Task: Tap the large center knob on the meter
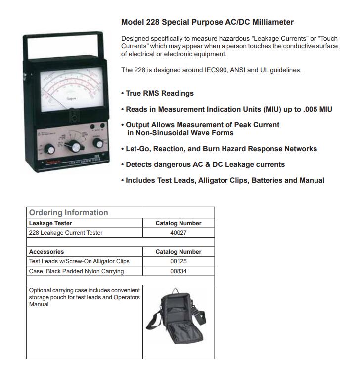click(74, 147)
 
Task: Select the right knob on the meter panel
click(98, 144)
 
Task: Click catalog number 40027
click(178, 233)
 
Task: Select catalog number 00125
click(178, 261)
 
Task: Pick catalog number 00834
click(178, 271)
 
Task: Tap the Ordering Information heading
click(68, 213)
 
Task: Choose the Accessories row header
click(46, 252)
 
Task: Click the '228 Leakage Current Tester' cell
click(66, 233)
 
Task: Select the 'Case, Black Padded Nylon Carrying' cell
click(76, 271)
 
